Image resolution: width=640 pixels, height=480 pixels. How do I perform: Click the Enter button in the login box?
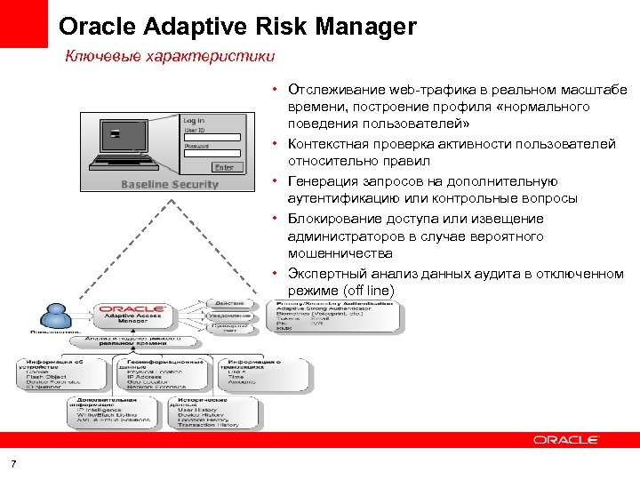click(x=224, y=167)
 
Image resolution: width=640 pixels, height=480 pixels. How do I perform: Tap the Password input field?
click(x=212, y=155)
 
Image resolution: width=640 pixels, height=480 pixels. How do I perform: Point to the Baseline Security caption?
click(x=170, y=184)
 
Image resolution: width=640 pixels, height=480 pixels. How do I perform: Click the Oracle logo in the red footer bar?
click(x=566, y=439)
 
